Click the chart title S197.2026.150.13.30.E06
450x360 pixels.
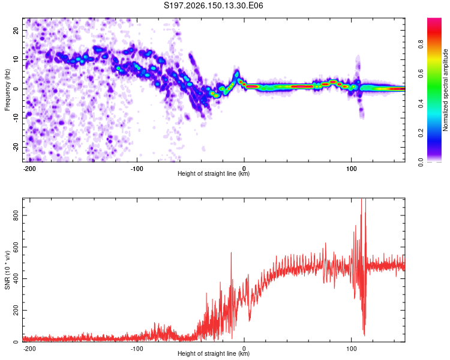point(213,5)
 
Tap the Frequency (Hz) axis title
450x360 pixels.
point(7,90)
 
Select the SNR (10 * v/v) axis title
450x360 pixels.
point(7,270)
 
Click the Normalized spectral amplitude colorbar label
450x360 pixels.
point(445,90)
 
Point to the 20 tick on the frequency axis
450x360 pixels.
point(16,30)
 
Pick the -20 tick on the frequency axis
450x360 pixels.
point(16,147)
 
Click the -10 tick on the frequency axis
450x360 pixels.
point(16,118)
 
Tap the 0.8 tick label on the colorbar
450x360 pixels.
point(421,44)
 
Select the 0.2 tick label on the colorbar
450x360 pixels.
point(421,133)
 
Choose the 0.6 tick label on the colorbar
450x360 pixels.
point(421,74)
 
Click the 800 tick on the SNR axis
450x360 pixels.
point(16,215)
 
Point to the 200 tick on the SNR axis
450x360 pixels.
point(16,310)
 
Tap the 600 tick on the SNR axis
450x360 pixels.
point(16,247)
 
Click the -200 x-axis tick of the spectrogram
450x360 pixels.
point(29,169)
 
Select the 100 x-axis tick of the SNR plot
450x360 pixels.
point(351,349)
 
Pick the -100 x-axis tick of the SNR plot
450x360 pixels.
point(137,349)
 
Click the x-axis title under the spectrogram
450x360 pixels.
point(214,173)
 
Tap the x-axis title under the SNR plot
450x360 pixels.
point(214,353)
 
